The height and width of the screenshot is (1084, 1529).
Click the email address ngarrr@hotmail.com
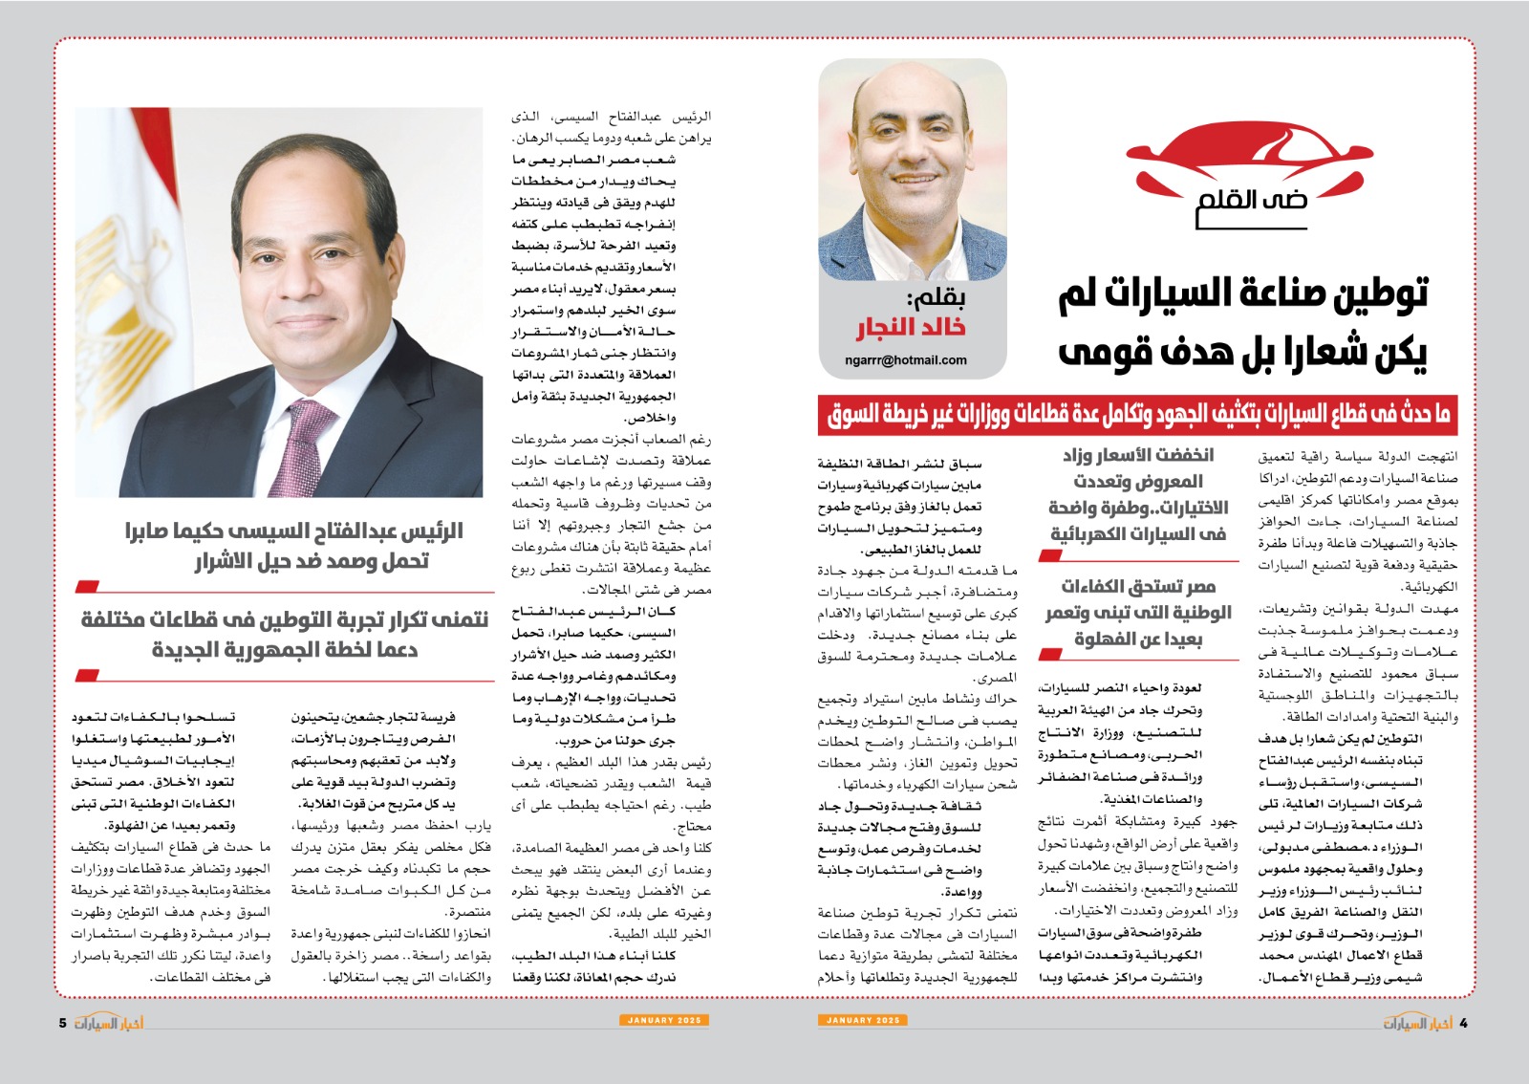tap(906, 360)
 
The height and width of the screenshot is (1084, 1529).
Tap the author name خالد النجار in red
tap(910, 328)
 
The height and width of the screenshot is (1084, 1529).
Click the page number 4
tap(1463, 1023)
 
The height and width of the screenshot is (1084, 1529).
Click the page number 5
tap(63, 1023)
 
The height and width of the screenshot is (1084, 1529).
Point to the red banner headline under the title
tap(1138, 414)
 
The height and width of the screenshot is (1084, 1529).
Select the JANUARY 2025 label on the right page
tap(863, 1020)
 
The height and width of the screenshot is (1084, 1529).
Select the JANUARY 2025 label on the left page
tap(664, 1020)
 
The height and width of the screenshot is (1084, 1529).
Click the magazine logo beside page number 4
tap(1417, 1023)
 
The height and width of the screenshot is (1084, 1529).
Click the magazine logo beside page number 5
tap(109, 1023)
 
